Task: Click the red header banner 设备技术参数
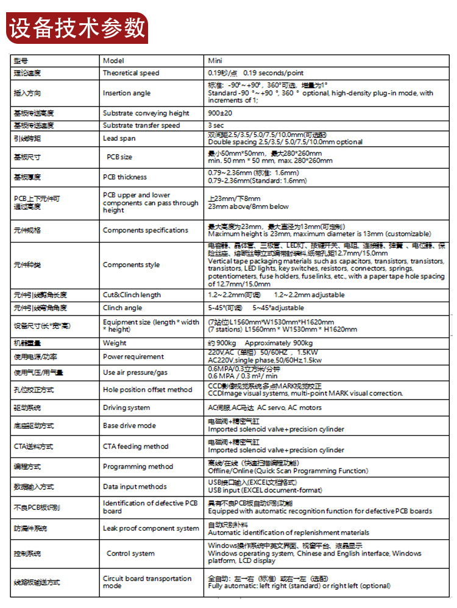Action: point(77,28)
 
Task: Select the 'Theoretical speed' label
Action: point(130,73)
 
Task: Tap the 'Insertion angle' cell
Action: point(126,93)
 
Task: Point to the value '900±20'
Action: point(220,113)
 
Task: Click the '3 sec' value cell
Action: point(216,125)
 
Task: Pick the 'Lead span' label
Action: point(119,138)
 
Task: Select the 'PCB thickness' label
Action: point(124,177)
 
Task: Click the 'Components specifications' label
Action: point(145,230)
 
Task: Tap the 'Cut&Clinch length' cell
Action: point(132,295)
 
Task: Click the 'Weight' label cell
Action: point(115,343)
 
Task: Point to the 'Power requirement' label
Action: point(133,356)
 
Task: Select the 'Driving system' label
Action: point(126,408)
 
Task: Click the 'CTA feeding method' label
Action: point(135,447)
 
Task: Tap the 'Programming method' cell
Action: point(138,467)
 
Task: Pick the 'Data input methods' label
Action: point(134,487)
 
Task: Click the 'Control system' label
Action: point(130,553)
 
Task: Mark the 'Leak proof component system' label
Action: point(151,528)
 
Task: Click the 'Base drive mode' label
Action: point(129,425)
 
